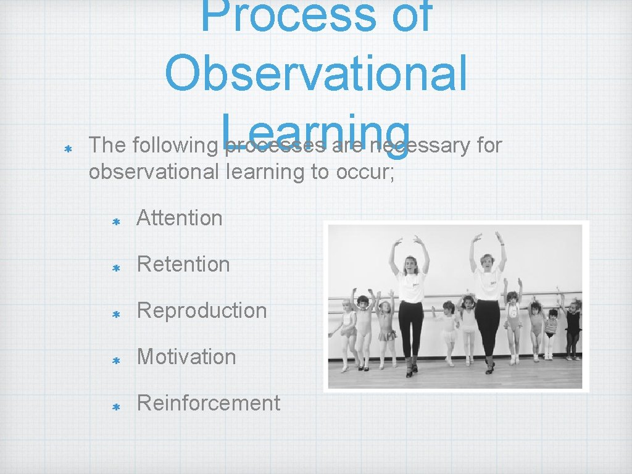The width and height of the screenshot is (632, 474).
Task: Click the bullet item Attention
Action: (179, 218)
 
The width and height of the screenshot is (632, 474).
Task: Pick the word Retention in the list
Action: (183, 264)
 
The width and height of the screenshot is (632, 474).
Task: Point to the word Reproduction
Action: (201, 310)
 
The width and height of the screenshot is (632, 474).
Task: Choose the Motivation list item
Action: (186, 357)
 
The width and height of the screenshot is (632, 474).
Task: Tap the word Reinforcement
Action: (208, 403)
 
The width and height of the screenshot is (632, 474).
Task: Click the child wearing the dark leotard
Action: (573, 324)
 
